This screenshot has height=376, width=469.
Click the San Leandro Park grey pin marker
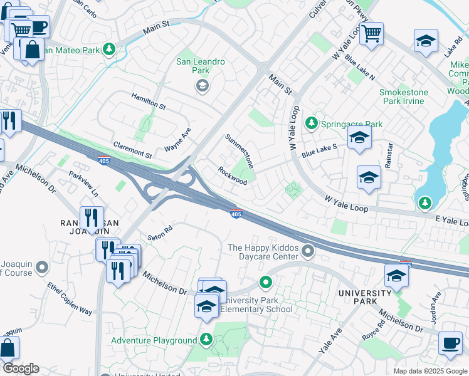point(202,87)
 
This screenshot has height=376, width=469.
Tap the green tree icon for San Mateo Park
point(110,48)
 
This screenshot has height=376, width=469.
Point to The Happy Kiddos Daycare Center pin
point(307,252)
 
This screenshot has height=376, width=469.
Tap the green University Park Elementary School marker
point(266,284)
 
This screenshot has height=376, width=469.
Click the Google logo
point(21,368)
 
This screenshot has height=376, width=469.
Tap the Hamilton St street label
point(148,101)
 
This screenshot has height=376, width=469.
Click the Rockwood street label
point(232,175)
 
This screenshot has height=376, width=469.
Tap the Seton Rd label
point(159,233)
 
